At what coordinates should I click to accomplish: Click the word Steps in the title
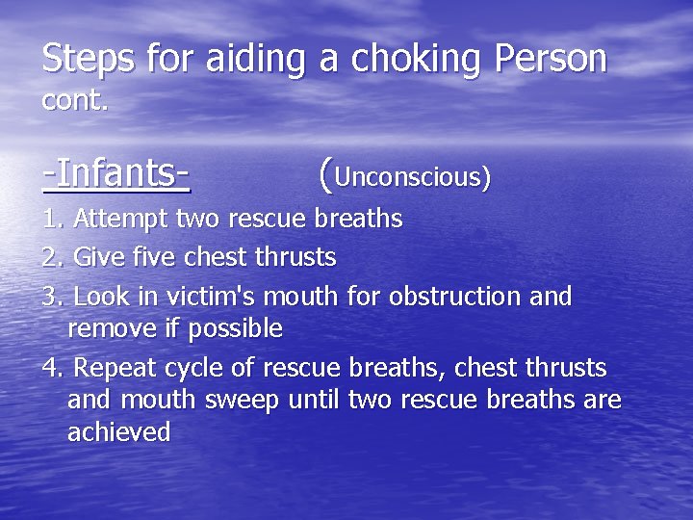pyautogui.click(x=86, y=59)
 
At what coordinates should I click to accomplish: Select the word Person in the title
pyautogui.click(x=552, y=59)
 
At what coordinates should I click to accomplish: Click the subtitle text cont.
pyautogui.click(x=75, y=99)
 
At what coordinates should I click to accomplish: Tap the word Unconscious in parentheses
pyautogui.click(x=412, y=177)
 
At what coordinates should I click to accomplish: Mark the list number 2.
pyautogui.click(x=52, y=257)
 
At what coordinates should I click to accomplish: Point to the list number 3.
pyautogui.click(x=52, y=296)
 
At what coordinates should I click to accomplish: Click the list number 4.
pyautogui.click(x=52, y=367)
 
